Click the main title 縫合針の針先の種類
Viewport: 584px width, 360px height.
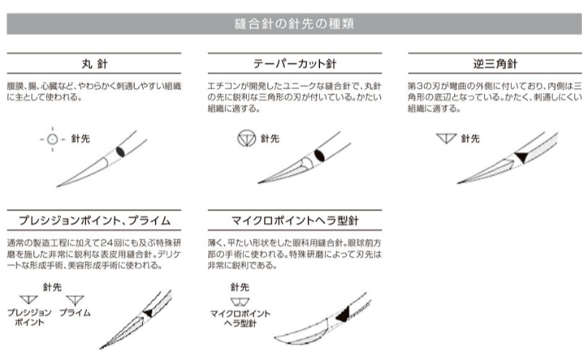294,24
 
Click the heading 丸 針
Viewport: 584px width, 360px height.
95,64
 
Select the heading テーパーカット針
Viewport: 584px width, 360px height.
295,64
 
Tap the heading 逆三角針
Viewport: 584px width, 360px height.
495,64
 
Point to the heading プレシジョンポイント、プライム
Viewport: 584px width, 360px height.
95,220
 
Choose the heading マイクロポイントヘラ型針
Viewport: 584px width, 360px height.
295,220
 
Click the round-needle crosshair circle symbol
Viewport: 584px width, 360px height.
52,139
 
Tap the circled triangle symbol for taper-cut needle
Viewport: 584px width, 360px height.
247,138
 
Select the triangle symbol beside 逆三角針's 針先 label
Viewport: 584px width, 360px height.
446,138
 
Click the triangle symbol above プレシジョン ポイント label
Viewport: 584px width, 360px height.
29,300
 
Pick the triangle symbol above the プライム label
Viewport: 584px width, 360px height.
75,300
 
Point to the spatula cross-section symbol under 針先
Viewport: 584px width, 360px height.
240,301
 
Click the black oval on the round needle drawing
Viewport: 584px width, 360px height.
121,151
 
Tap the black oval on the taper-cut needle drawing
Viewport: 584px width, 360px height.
319,155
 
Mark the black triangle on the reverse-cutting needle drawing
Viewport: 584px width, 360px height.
522,157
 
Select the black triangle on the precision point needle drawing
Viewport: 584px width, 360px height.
149,313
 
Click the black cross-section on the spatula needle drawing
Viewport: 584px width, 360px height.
343,315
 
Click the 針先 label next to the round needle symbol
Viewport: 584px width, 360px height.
80,139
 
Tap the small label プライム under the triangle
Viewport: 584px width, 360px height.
75,313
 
